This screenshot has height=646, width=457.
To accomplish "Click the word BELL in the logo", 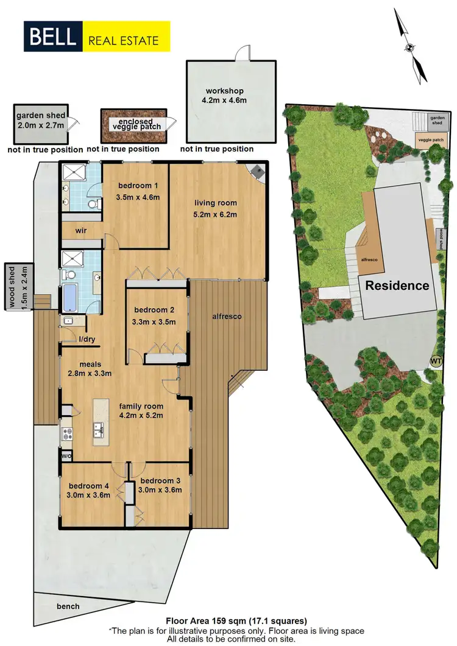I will point(52,37).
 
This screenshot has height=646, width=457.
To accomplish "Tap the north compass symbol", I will point(409,47).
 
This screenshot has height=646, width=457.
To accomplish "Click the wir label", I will point(83,231).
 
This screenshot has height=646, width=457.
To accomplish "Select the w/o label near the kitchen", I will point(66,455).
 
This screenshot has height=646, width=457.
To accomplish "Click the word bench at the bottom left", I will point(68,606).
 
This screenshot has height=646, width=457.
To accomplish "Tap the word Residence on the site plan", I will point(397,286).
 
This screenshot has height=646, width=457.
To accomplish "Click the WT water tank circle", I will point(436,360).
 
